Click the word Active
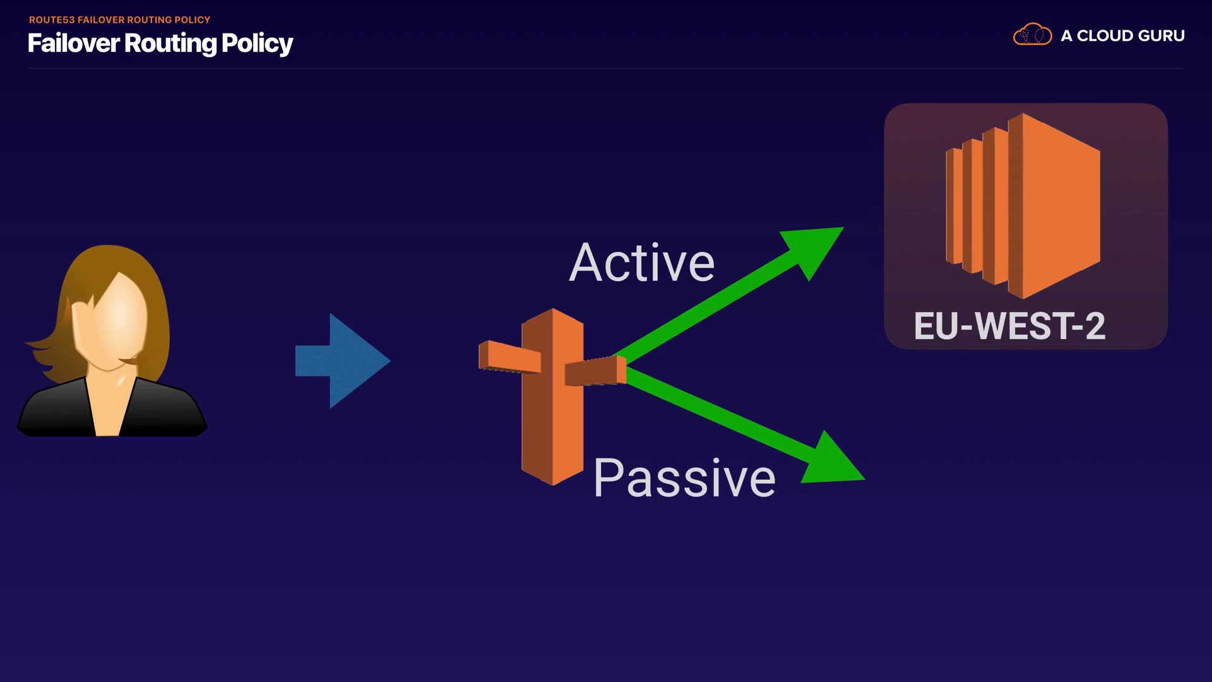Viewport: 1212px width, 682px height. click(641, 263)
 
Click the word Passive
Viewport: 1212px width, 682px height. click(684, 479)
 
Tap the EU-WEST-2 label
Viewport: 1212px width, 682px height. click(1009, 326)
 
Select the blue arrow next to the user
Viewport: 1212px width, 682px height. click(343, 361)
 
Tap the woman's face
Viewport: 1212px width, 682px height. click(114, 322)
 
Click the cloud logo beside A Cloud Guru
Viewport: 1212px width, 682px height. click(1032, 35)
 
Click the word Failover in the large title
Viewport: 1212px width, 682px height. click(73, 44)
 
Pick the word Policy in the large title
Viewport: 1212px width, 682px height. click(257, 44)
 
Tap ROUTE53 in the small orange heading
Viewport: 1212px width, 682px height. click(52, 20)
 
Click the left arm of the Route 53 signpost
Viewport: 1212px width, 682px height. click(509, 357)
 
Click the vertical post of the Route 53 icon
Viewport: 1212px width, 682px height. click(552, 429)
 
